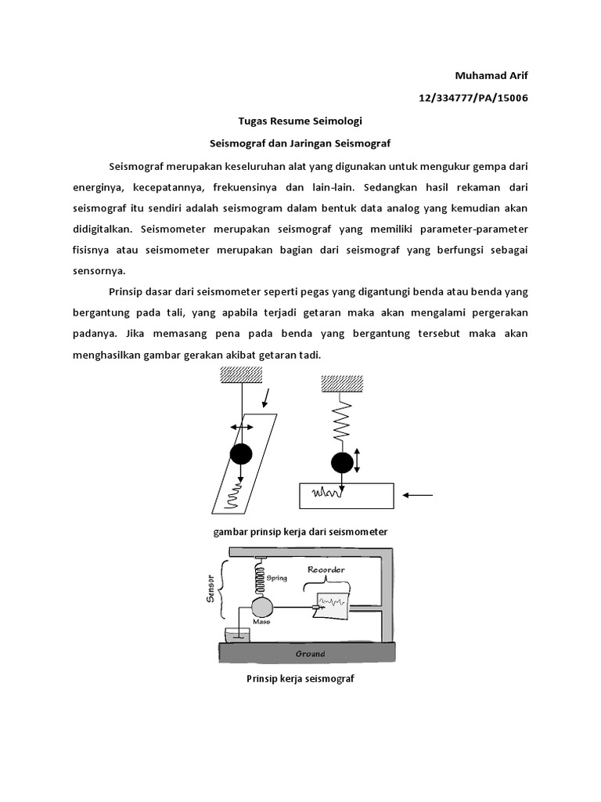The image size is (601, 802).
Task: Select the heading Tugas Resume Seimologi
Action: click(300, 121)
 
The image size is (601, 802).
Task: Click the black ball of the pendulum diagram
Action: click(242, 453)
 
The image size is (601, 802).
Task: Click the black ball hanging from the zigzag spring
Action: click(342, 462)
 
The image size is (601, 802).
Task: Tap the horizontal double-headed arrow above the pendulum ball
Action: click(242, 427)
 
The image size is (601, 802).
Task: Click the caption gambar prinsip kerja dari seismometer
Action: click(300, 532)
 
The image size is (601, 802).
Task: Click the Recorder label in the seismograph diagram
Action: click(326, 569)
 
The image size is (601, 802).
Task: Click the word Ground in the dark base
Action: click(310, 653)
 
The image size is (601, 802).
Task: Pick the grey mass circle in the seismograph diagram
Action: click(261, 608)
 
